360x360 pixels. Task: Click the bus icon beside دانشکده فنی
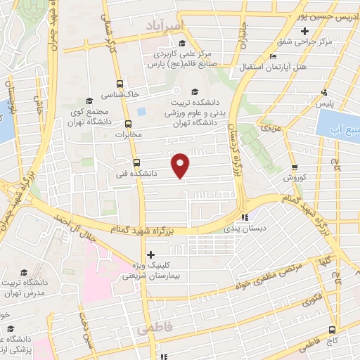[x=136, y=160]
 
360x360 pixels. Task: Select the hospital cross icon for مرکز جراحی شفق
[x=304, y=32]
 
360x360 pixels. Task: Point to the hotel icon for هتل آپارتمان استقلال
[x=274, y=56]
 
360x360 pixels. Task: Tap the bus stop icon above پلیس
[x=324, y=91]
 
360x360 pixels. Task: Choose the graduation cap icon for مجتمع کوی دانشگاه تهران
[x=88, y=101]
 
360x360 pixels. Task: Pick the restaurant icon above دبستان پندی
[x=245, y=217]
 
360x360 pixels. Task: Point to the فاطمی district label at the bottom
[x=154, y=328]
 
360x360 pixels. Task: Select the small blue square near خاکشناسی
[x=141, y=112]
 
